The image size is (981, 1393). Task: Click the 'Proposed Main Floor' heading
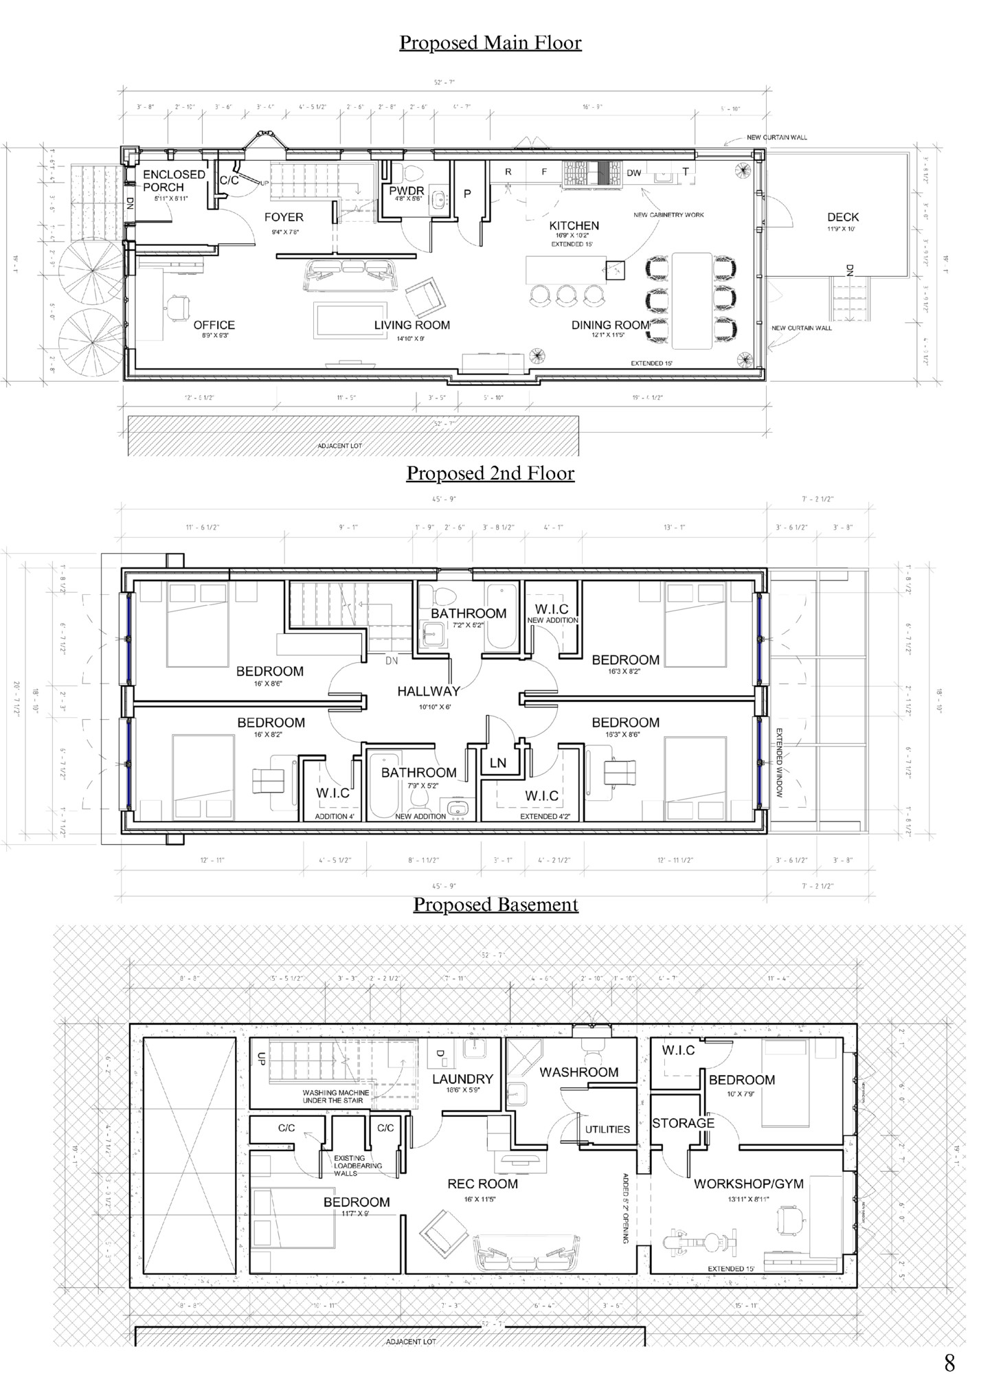tap(490, 43)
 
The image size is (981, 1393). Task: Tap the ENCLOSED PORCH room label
tap(174, 181)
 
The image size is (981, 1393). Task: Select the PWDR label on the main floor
tap(407, 190)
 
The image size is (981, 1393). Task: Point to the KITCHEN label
tap(574, 225)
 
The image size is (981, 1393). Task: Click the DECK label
tap(842, 217)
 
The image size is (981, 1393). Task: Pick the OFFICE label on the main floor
tap(214, 325)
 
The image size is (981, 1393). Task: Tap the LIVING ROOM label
tap(411, 325)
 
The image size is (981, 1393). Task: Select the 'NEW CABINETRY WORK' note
tap(668, 215)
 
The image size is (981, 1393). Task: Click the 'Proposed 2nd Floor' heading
tap(490, 473)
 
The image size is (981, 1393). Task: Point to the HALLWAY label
tap(429, 691)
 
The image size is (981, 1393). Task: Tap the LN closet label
tap(498, 762)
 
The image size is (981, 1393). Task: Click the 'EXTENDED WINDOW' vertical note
tap(780, 762)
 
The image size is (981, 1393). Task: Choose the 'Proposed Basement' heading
tap(495, 904)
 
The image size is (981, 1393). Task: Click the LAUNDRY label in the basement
tap(462, 1079)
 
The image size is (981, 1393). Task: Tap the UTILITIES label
tap(607, 1129)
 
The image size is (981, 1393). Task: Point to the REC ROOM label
tap(482, 1184)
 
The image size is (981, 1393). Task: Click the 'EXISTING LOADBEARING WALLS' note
tap(357, 1166)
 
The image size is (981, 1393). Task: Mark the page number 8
tap(949, 1363)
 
